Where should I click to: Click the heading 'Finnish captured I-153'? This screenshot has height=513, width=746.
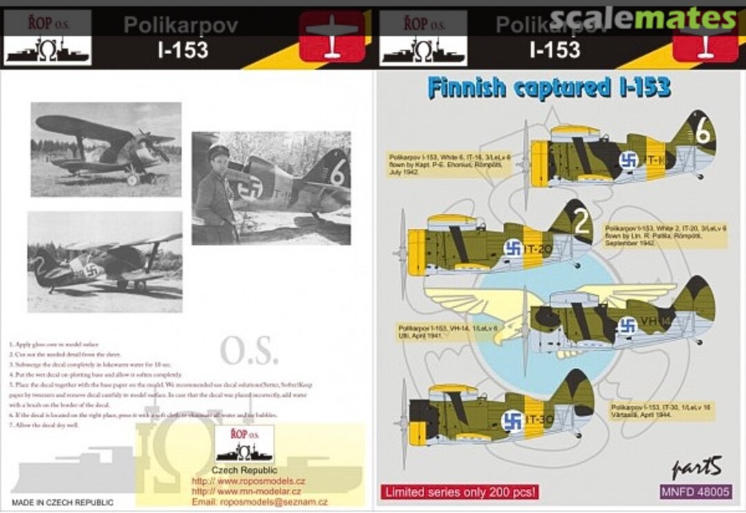click(x=548, y=88)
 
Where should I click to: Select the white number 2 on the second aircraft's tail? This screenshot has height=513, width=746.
click(x=582, y=223)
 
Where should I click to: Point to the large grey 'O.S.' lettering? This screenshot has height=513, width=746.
click(x=249, y=351)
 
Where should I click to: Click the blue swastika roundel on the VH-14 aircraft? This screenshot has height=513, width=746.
click(x=627, y=326)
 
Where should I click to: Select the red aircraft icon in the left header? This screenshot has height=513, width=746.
click(x=332, y=37)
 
